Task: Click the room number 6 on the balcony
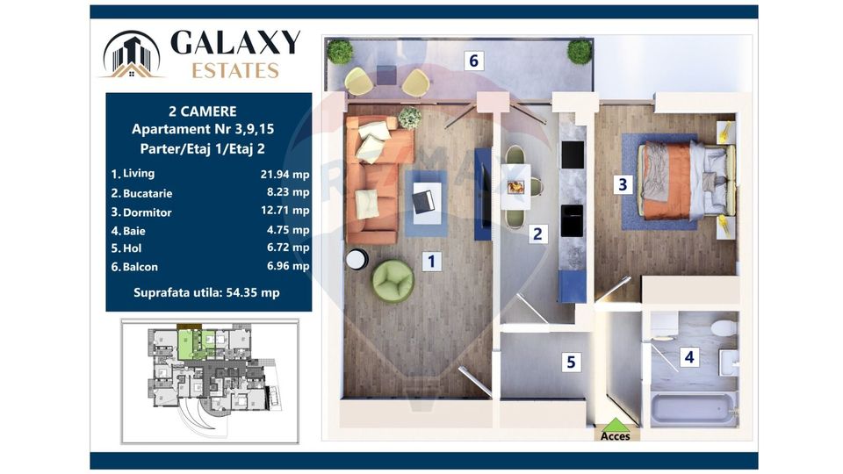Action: [x=474, y=61]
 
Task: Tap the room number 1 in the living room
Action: [x=430, y=261]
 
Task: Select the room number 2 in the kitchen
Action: [x=537, y=233]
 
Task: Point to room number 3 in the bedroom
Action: [x=623, y=184]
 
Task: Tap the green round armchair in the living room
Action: [x=393, y=281]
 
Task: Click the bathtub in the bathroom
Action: [x=693, y=409]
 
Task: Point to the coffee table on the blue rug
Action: [x=424, y=201]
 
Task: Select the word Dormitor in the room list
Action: [x=148, y=212]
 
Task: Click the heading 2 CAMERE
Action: [x=202, y=111]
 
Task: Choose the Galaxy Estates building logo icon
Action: [x=132, y=54]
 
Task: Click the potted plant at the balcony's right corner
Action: [x=580, y=51]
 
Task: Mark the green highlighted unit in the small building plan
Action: [x=189, y=341]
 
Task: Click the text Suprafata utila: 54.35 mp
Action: [x=206, y=292]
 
